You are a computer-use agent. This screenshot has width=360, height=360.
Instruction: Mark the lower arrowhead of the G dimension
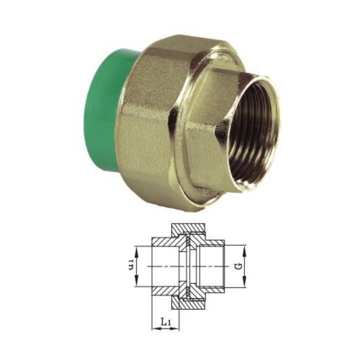click(245, 284)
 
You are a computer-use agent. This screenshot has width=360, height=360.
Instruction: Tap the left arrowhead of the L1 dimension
click(153, 329)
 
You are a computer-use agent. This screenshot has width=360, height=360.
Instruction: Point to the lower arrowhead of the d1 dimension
click(136, 284)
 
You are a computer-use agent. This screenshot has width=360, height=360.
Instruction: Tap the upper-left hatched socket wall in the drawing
click(165, 242)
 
